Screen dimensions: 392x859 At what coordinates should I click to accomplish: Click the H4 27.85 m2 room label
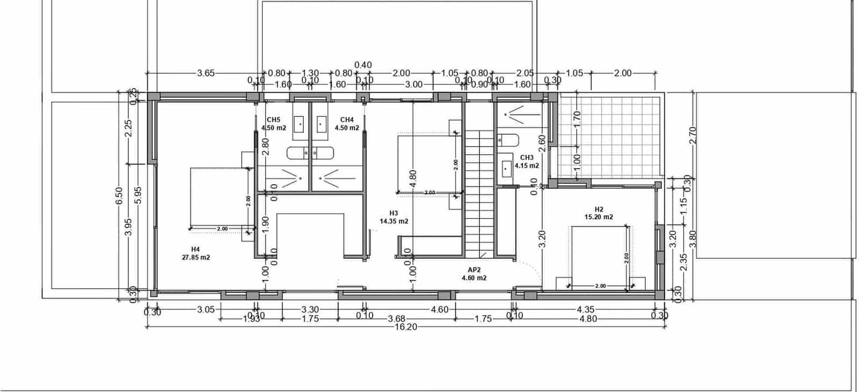tap(195, 253)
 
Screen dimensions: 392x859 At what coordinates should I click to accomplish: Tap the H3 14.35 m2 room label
tap(394, 217)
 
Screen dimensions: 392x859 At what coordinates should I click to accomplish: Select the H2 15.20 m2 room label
tap(599, 213)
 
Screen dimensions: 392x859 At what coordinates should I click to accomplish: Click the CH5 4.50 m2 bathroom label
tap(273, 124)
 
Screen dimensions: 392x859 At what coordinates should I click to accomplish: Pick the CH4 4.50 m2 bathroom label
tap(347, 124)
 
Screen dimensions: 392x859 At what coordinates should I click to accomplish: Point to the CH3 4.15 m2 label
tap(526, 162)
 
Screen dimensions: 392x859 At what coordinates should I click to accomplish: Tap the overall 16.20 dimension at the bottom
tap(405, 327)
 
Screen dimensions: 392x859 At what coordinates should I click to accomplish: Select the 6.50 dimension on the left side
tap(119, 195)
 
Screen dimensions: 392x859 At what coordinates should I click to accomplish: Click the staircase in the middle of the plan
tap(479, 193)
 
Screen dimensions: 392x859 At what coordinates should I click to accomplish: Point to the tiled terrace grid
tap(609, 137)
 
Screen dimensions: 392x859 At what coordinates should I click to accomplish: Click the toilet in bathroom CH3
tap(508, 141)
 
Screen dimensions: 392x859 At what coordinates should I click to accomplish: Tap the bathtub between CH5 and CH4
tap(310, 153)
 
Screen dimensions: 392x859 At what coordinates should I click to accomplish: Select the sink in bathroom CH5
tap(300, 125)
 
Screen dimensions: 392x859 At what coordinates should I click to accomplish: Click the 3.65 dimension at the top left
tap(206, 73)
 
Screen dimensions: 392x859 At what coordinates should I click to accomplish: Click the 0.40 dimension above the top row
tap(363, 65)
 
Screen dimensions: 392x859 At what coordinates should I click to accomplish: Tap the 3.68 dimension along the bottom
tap(396, 319)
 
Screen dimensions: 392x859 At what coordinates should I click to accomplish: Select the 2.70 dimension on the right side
tap(692, 135)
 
